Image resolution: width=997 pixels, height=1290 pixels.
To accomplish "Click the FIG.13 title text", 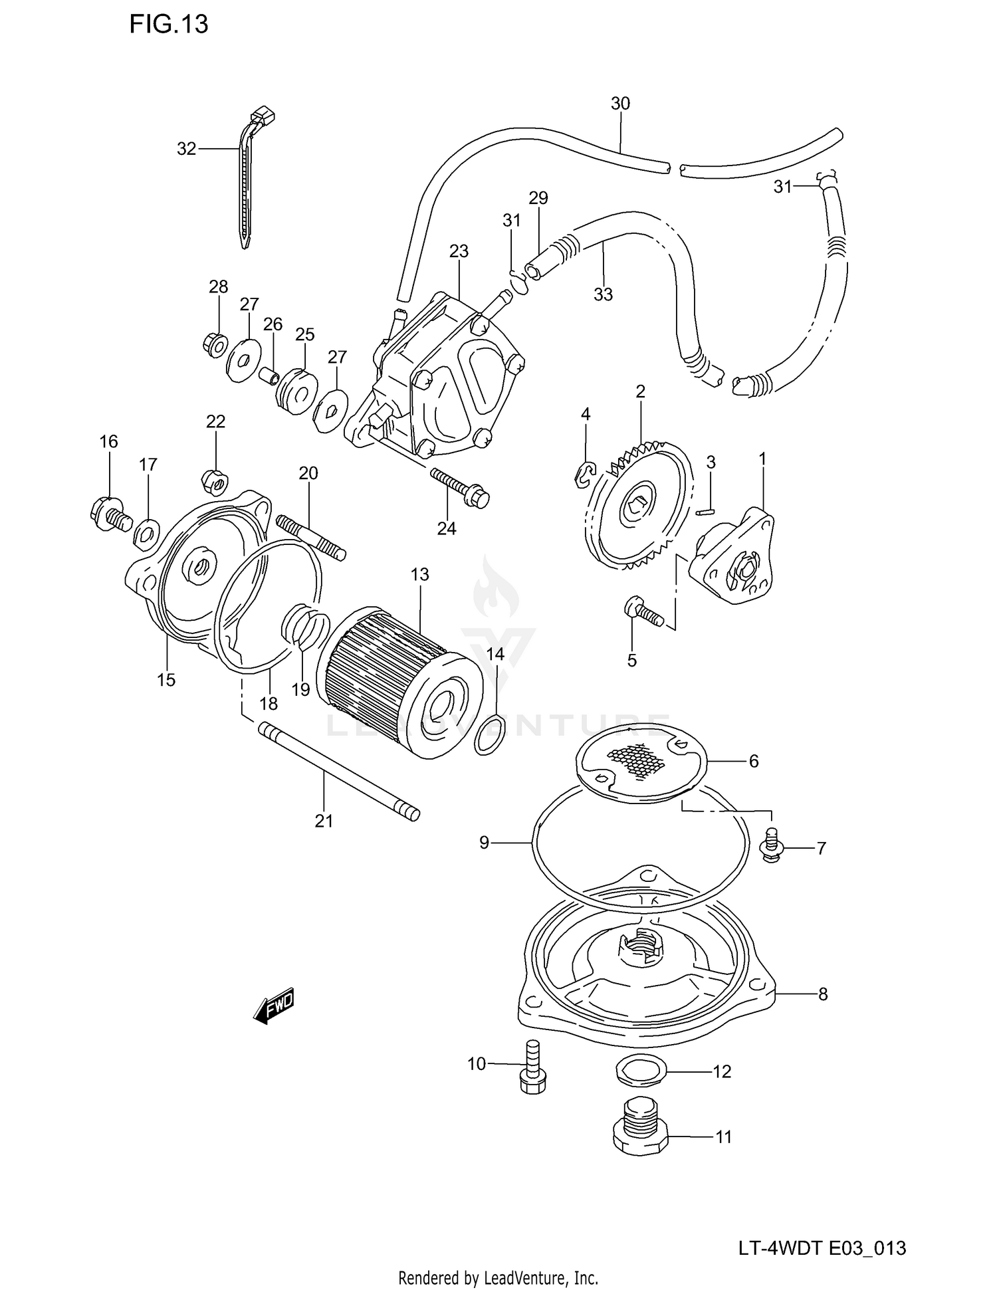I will [168, 25].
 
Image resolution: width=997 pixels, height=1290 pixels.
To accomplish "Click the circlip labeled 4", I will [584, 475].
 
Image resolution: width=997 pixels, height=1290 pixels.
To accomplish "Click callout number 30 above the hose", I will [620, 104].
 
